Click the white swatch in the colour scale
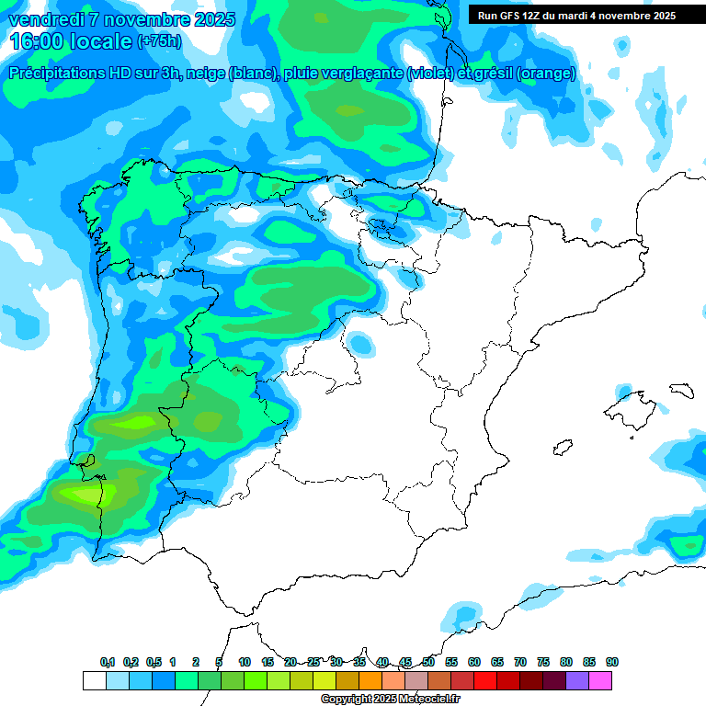tap(94, 680)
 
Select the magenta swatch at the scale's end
tap(600, 680)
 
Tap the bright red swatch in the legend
tap(485, 680)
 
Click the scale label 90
tap(612, 662)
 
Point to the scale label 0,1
tap(108, 662)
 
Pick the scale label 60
tap(474, 662)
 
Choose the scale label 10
tap(245, 662)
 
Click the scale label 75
tap(543, 662)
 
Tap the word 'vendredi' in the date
tap(46, 19)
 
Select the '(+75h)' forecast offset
tap(159, 41)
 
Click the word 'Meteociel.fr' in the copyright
tap(427, 700)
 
